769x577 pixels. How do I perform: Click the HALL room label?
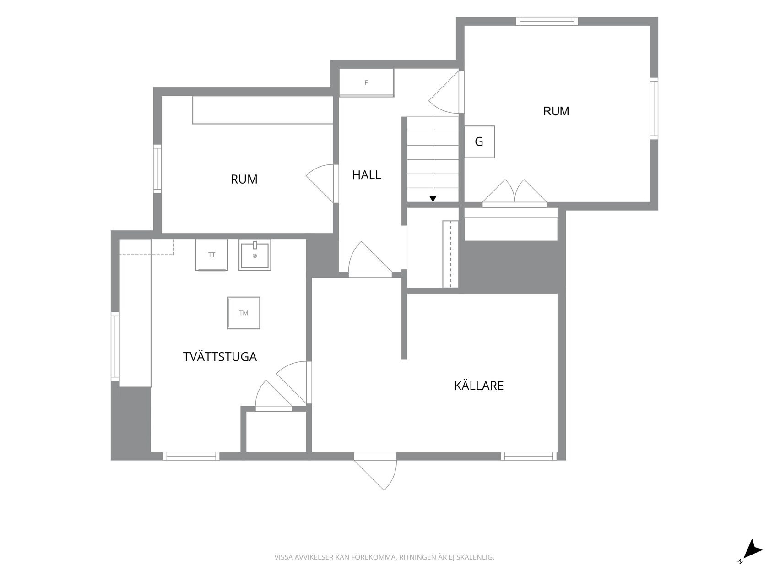point(367,175)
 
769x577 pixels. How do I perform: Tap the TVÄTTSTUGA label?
point(220,357)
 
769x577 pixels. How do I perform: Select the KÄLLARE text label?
point(479,386)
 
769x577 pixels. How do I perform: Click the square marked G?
point(479,142)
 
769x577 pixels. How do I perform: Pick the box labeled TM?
point(244,313)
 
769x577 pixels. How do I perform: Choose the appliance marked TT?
point(211,255)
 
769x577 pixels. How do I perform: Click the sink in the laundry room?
point(255,255)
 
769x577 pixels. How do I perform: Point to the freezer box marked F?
point(367,82)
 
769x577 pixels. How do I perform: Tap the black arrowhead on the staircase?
point(433,199)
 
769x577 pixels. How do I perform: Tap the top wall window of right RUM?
point(547,22)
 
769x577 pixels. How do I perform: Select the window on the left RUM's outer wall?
point(157,169)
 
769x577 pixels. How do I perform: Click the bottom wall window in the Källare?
point(529,456)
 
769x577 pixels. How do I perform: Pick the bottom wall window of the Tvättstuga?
point(191,456)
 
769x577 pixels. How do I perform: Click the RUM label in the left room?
point(244,180)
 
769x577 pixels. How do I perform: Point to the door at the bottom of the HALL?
point(370,260)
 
